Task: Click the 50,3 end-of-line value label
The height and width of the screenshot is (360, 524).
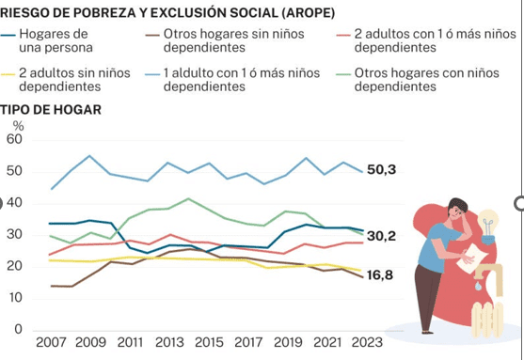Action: click(381, 169)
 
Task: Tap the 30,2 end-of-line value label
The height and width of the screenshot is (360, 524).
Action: click(381, 236)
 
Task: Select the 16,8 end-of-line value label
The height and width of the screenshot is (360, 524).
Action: click(380, 275)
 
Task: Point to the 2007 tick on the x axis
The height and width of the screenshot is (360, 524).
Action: click(51, 342)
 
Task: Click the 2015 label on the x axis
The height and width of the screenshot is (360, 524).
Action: click(209, 342)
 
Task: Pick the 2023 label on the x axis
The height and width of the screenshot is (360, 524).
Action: click(367, 342)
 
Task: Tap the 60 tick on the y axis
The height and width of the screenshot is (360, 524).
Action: click(14, 139)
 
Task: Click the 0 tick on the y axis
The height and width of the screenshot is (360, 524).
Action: click(19, 329)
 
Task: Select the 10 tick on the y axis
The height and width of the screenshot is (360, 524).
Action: click(14, 298)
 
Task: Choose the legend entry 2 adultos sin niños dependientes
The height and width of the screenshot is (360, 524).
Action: click(74, 80)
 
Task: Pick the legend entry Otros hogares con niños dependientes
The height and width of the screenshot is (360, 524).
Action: click(427, 80)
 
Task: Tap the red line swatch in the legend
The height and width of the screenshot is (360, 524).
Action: click(343, 35)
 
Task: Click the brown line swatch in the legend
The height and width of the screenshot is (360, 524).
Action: click(152, 35)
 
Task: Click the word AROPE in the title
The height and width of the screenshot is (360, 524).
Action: click(308, 13)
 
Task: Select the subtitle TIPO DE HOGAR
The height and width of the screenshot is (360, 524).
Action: click(51, 110)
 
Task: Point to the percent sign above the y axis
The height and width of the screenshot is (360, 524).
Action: click(19, 126)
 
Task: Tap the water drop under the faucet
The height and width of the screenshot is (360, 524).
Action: click(479, 286)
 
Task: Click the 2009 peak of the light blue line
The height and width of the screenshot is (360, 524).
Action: click(89, 156)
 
